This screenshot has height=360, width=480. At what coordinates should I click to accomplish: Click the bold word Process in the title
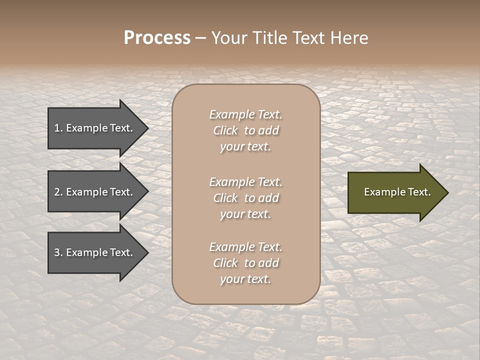click(157, 37)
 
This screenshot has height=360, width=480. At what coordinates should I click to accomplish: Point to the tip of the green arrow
click(447, 192)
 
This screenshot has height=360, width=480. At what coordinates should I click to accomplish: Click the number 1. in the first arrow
click(58, 128)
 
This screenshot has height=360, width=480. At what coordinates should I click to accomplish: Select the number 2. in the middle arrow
click(58, 192)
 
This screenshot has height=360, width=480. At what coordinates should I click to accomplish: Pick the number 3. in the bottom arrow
click(58, 252)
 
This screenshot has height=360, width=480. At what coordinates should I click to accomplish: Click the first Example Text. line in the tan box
click(245, 114)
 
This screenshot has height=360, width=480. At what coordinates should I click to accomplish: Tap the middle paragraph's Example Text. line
click(245, 181)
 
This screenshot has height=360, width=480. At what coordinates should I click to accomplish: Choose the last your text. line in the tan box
click(245, 279)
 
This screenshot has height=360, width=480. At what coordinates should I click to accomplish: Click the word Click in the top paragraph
click(225, 130)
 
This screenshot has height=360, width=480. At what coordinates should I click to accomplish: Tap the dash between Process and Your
click(200, 38)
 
